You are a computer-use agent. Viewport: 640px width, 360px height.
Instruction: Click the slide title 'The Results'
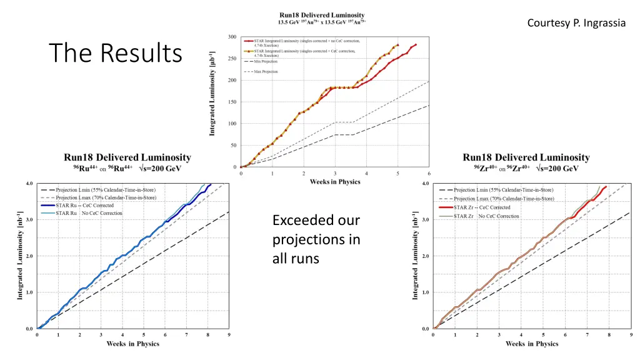tap(115, 52)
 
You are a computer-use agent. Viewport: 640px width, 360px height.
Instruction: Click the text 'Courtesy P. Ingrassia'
tap(576, 23)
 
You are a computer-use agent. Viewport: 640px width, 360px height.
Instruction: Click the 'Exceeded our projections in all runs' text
tap(316, 239)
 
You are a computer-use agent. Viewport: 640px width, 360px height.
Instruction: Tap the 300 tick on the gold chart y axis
tap(232, 37)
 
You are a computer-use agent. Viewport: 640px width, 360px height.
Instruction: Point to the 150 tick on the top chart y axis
tap(232, 102)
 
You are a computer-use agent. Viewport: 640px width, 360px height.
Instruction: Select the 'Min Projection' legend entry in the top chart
tap(266, 61)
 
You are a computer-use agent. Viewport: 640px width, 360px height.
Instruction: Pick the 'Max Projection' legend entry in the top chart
tap(266, 72)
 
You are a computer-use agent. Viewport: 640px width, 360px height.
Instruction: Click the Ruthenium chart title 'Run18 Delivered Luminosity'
tap(127, 157)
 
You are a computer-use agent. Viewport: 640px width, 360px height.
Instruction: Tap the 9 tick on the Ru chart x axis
tap(229, 335)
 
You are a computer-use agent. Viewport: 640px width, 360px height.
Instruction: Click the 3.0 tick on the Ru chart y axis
tap(29, 220)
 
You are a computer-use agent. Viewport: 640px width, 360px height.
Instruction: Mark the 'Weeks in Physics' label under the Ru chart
tap(132, 344)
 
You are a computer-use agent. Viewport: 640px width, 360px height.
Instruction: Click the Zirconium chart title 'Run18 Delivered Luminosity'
tap(526, 157)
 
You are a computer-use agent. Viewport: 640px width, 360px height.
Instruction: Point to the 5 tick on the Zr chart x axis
tap(544, 335)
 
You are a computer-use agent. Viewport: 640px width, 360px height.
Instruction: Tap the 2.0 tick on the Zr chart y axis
tap(426, 256)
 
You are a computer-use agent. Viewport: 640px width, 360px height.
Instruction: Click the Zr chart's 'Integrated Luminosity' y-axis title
tap(415, 256)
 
